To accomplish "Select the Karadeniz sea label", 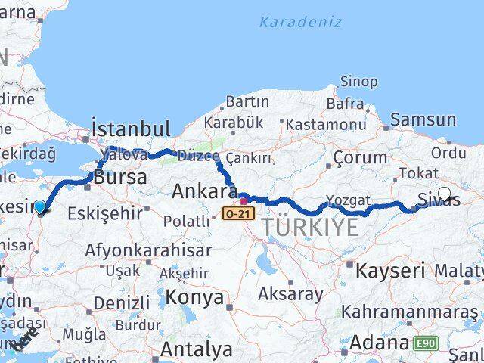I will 300,21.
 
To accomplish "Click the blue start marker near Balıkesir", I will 40,206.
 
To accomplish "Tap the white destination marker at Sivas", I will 444,193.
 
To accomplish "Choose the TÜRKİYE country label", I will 310,227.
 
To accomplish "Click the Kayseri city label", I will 390,270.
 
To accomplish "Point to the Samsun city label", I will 423,119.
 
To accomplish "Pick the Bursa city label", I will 119,178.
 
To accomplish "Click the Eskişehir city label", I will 104,213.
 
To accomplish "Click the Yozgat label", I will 349,200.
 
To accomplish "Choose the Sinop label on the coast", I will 358,82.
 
